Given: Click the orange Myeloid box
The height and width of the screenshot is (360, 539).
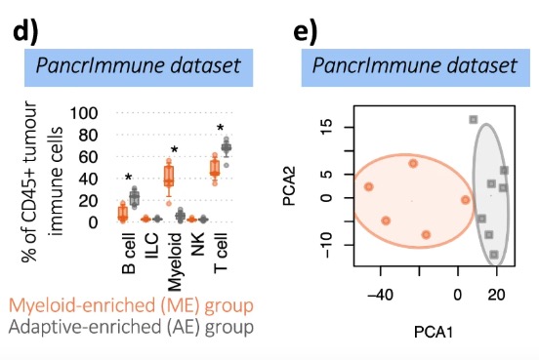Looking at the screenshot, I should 168,176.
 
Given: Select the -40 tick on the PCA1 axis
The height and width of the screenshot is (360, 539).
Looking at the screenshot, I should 379,293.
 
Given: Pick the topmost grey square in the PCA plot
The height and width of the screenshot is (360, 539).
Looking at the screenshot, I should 473,119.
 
